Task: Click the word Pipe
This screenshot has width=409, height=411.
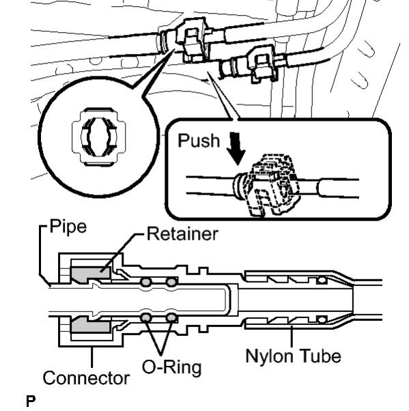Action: (68, 227)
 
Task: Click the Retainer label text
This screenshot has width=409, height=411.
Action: (182, 233)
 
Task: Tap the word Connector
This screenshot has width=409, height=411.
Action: (86, 378)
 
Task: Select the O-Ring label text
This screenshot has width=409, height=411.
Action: (172, 367)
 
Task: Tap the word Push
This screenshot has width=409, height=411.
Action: (199, 141)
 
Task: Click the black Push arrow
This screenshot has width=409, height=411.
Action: (236, 148)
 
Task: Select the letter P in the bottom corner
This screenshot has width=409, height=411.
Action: (31, 401)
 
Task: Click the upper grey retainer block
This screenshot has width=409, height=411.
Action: (90, 273)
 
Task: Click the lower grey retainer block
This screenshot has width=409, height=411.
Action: (90, 324)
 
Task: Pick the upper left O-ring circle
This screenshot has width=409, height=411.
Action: (146, 282)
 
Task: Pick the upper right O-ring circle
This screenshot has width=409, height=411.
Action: (171, 282)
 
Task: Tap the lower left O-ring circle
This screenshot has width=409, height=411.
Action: (146, 318)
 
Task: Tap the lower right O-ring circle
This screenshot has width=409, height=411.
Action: (171, 318)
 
